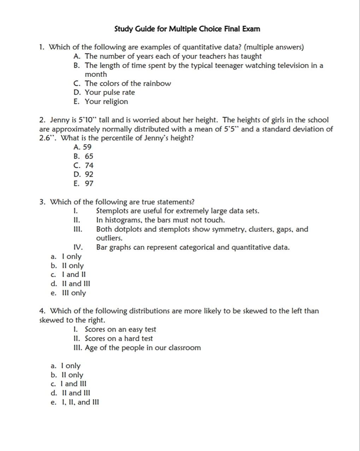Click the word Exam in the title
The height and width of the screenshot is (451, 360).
[x=251, y=29]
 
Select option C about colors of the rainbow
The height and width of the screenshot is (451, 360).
[x=122, y=83]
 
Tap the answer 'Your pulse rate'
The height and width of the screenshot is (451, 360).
[x=110, y=93]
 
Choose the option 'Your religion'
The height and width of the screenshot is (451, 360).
[x=106, y=102]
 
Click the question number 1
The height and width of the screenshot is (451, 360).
[x=42, y=47]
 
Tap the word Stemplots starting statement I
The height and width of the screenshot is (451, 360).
[x=113, y=211]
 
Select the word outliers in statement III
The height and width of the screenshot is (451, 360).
[x=109, y=238]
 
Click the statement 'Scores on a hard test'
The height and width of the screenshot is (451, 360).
[x=118, y=339]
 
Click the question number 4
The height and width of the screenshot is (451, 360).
[x=42, y=311]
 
